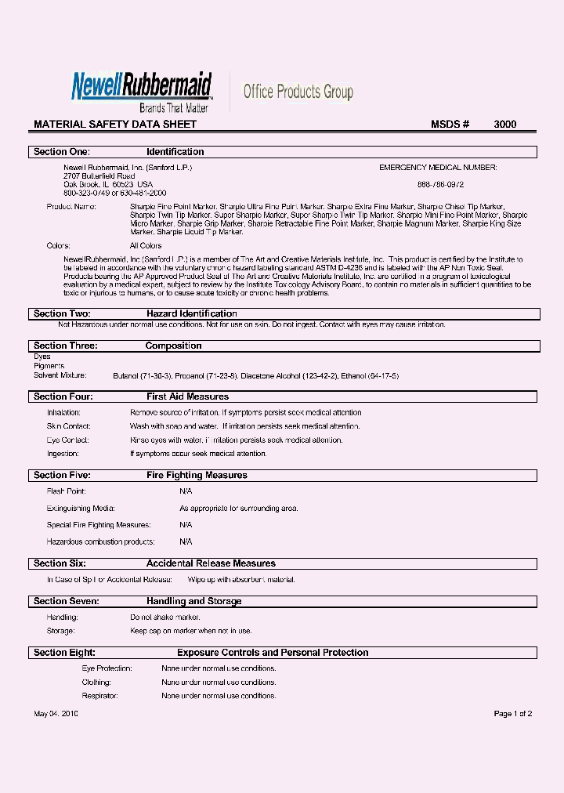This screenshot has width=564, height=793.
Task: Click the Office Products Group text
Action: click(x=298, y=92)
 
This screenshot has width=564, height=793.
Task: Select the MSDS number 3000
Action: click(x=504, y=125)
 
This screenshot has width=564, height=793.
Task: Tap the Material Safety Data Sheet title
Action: click(x=115, y=125)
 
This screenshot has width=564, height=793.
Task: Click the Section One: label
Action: click(x=62, y=152)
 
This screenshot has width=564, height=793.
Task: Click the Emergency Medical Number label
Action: click(x=438, y=168)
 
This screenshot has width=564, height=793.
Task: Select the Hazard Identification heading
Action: click(x=192, y=314)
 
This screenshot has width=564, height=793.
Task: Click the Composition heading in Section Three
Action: click(x=173, y=346)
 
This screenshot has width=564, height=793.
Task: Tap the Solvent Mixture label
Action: click(x=60, y=376)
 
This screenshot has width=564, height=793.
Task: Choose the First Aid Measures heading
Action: click(x=188, y=397)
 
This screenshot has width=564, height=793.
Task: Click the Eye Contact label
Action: click(x=67, y=440)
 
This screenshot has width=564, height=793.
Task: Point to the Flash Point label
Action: click(x=66, y=491)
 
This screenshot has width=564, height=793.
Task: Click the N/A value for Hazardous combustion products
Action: click(x=186, y=541)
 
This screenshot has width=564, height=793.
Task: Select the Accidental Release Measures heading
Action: click(x=211, y=563)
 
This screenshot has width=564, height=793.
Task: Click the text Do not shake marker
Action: click(x=165, y=617)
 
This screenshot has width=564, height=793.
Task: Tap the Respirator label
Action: click(x=100, y=696)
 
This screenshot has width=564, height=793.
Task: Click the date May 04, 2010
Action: click(x=56, y=714)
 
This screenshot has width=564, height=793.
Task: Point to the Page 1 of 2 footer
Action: click(x=512, y=714)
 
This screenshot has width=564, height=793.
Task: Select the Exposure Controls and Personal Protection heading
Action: click(x=273, y=653)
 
